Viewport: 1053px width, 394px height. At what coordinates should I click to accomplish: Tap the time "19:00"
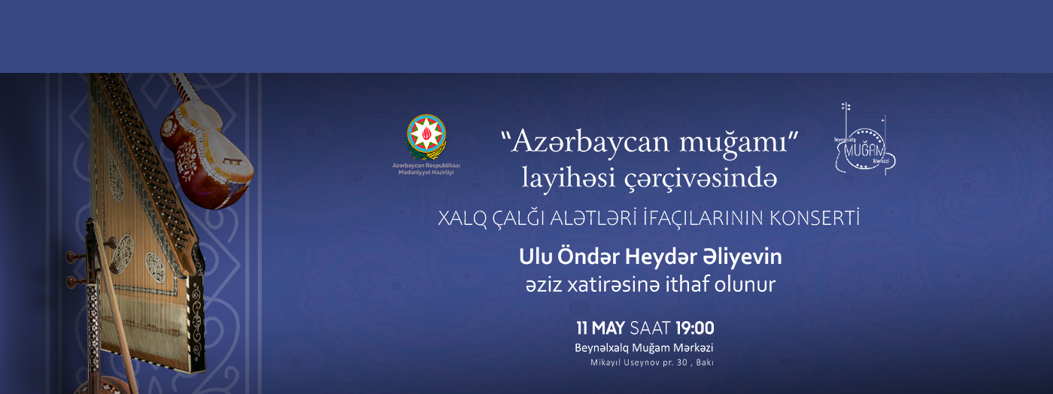click(695, 328)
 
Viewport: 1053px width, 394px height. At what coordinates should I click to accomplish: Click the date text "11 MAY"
click(601, 328)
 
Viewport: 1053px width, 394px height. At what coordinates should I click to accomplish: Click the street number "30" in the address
click(681, 362)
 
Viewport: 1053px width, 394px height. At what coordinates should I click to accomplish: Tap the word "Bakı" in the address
click(705, 362)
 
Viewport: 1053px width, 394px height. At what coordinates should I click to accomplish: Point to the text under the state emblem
click(426, 168)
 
